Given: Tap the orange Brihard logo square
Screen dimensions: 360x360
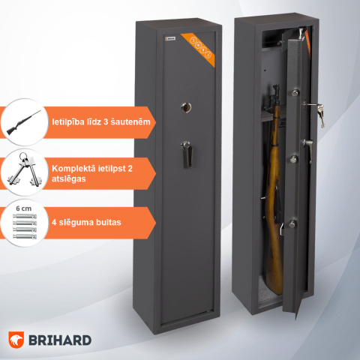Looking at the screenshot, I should click(x=18, y=340).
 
